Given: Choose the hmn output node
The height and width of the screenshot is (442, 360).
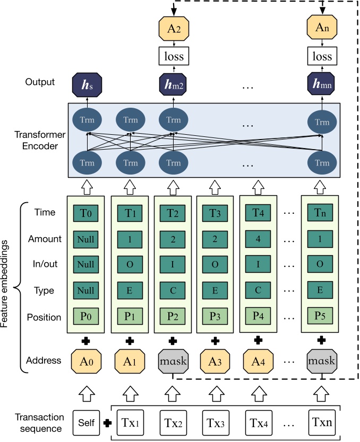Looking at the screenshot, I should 322,83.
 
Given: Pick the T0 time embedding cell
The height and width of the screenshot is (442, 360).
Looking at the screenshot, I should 85,213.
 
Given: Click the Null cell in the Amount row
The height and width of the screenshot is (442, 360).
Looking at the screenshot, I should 85,239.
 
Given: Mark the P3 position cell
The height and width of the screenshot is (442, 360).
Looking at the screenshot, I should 215,317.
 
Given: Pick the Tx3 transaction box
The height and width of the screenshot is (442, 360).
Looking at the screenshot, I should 215,422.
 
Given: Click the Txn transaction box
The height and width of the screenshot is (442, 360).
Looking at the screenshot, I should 322,422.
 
